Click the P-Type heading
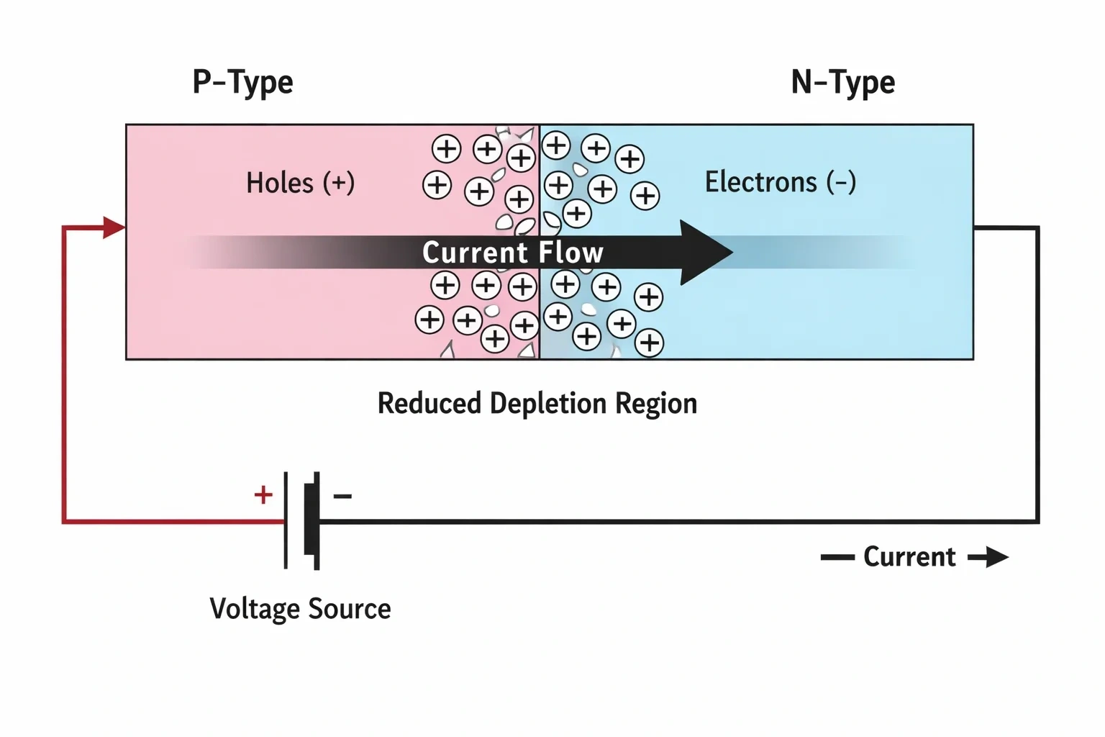click(x=242, y=83)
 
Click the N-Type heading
click(x=843, y=83)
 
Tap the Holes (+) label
click(x=301, y=183)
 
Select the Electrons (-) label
click(x=781, y=181)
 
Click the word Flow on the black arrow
click(x=570, y=252)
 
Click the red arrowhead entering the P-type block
click(x=114, y=227)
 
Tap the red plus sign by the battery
click(x=263, y=494)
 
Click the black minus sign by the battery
click(x=343, y=496)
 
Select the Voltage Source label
click(x=301, y=609)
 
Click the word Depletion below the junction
click(x=548, y=404)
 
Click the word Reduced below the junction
click(x=429, y=403)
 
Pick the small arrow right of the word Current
click(x=988, y=557)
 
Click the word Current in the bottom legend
click(x=909, y=557)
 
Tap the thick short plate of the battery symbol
click(x=312, y=521)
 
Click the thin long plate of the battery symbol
click(x=286, y=521)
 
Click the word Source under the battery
click(x=350, y=609)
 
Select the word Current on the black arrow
click(x=476, y=252)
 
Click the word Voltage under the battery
click(x=255, y=610)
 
